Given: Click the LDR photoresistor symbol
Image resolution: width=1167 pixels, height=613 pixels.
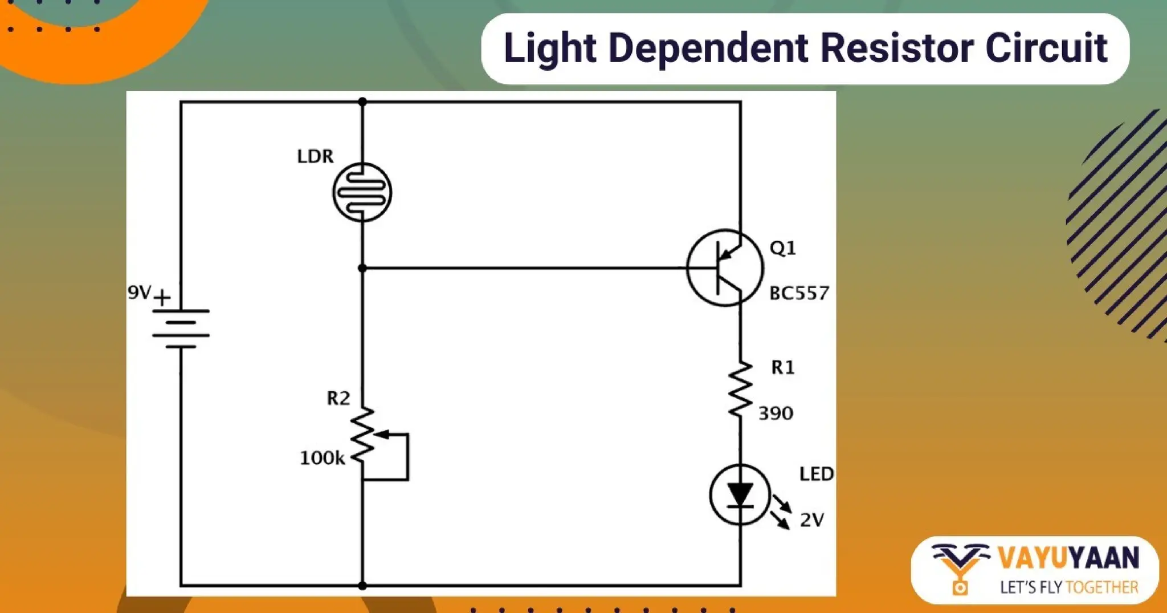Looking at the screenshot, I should click(x=362, y=192).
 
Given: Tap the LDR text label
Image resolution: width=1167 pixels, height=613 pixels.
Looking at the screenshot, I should click(x=315, y=156).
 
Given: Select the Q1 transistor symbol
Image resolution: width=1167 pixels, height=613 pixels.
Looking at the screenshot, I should click(x=725, y=268).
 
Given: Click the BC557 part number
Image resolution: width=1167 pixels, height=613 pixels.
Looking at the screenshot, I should click(x=799, y=293).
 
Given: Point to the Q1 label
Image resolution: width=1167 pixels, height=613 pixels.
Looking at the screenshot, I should click(x=782, y=248).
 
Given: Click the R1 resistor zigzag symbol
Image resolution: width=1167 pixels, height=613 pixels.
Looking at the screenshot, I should click(x=740, y=389).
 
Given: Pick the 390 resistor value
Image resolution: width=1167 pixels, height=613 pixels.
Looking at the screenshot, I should click(x=776, y=413).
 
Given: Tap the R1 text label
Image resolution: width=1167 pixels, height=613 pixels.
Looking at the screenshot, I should click(x=782, y=367).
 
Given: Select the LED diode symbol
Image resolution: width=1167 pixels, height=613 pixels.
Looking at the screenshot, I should click(x=740, y=494).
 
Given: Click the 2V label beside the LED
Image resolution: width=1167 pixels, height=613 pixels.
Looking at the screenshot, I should click(x=812, y=519).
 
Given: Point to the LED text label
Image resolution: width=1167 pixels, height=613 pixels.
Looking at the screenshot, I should click(x=817, y=474).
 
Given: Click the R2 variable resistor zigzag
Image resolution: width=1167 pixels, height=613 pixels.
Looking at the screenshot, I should click(x=363, y=436).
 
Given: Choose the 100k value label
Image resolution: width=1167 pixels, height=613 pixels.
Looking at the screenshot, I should click(x=322, y=458).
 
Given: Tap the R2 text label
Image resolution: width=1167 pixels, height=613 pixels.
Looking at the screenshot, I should click(x=338, y=398).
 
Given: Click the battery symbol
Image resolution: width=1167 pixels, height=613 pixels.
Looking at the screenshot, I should click(x=181, y=328).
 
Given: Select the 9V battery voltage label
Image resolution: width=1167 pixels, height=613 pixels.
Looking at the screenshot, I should click(x=140, y=293).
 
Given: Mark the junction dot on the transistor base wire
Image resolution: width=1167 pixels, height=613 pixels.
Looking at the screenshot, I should click(x=362, y=268).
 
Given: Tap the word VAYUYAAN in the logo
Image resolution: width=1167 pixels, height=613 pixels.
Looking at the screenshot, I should click(x=1068, y=558).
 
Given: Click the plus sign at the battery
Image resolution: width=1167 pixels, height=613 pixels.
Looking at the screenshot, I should click(x=162, y=298).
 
